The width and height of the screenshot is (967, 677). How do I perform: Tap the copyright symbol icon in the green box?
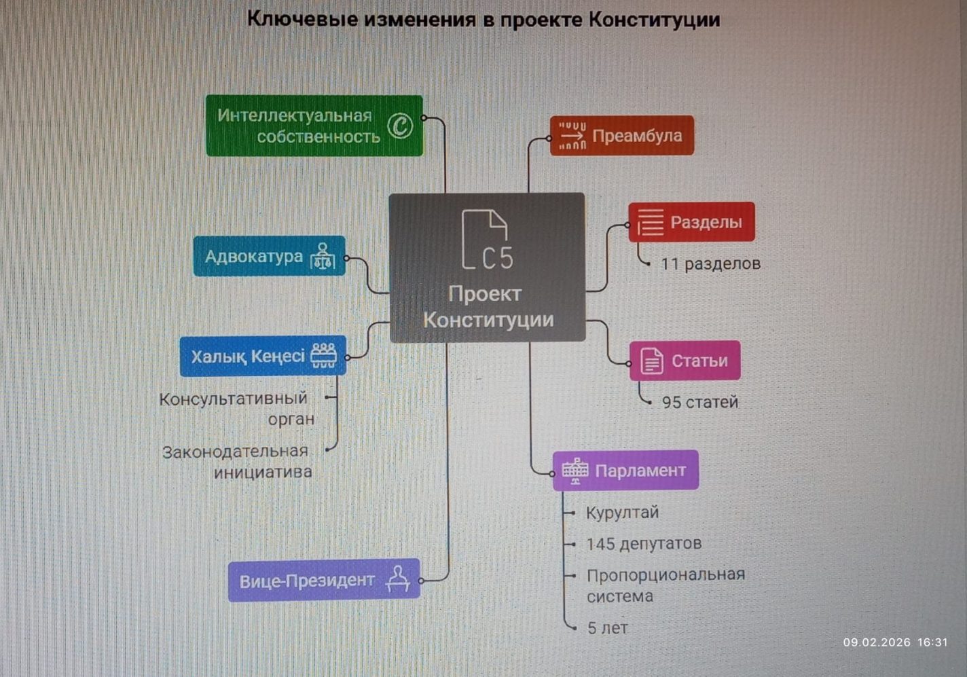[400, 126]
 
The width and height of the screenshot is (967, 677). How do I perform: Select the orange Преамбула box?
[622, 136]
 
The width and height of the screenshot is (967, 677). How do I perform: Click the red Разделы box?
[691, 222]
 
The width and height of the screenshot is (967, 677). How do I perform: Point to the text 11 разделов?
[710, 263]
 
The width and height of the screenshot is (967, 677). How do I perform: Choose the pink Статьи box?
[685, 361]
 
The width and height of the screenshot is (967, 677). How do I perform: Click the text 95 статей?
[699, 402]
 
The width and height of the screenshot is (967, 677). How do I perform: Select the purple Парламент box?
[625, 471]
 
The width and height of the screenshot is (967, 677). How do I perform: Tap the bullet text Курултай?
[622, 513]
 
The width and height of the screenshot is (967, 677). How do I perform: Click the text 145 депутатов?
[644, 544]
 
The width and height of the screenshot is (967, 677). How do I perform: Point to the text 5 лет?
[607, 628]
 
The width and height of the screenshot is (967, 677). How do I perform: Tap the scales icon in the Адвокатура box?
[323, 257]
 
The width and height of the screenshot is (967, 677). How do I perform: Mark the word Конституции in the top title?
[654, 19]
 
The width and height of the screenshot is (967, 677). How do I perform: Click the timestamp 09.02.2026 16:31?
[895, 642]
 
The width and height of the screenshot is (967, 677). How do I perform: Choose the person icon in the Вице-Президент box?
[398, 579]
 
